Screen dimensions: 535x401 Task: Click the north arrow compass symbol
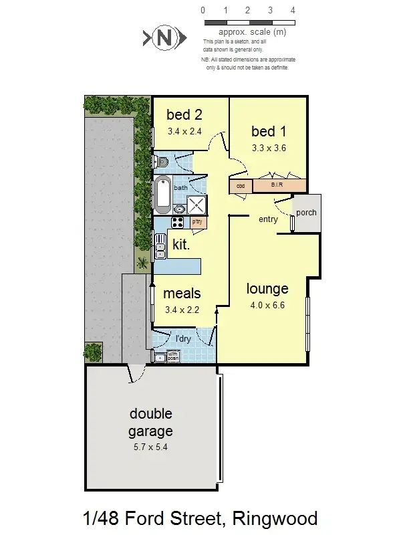point(162,38)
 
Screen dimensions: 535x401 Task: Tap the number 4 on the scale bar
point(293,11)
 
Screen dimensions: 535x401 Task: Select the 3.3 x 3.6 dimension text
point(269,148)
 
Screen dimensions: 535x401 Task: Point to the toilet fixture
point(163,162)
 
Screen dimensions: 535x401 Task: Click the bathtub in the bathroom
point(163,194)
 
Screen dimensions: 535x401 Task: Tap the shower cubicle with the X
point(196,205)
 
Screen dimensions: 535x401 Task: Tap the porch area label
point(306,213)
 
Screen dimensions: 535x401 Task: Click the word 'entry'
point(268,219)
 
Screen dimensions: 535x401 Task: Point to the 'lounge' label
point(267,289)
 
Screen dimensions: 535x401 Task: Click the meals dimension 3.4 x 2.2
point(182,310)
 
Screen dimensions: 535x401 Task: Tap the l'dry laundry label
point(182,339)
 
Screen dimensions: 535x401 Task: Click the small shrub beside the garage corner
point(92,350)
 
